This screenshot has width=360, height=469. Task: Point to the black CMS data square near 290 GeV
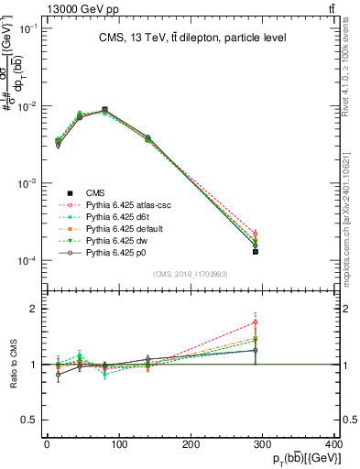click(256, 251)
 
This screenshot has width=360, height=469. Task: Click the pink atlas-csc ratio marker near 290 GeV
click(256, 322)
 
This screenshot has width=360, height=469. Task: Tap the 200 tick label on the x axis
click(191, 443)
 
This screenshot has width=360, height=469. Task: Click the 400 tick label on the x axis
click(334, 443)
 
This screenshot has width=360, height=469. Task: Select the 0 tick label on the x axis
click(47, 443)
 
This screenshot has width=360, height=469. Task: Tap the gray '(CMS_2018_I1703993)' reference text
click(191, 274)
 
